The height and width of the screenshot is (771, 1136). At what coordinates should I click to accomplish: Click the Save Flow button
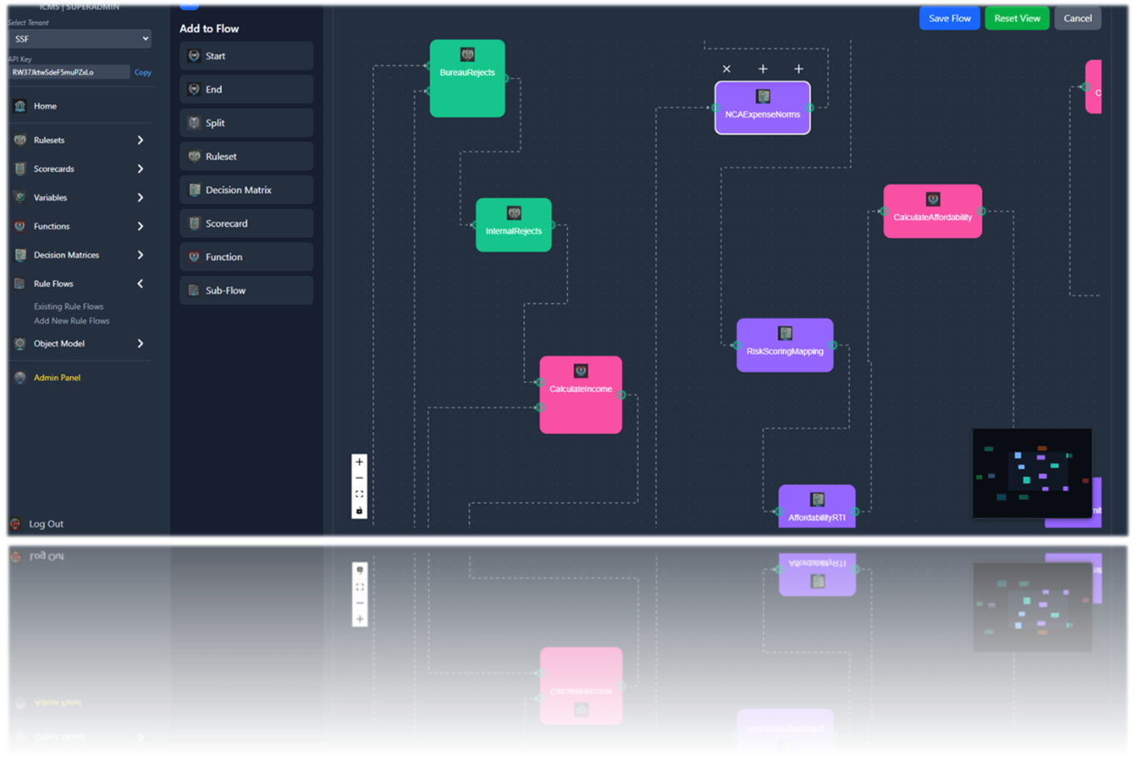(x=949, y=18)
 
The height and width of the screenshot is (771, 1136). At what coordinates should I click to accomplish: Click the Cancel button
(x=1078, y=18)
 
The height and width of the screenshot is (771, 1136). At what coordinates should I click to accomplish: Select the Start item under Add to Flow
(x=246, y=56)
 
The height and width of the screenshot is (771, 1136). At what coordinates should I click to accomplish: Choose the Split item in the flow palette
(x=246, y=123)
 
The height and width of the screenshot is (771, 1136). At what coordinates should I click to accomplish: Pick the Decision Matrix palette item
(x=246, y=190)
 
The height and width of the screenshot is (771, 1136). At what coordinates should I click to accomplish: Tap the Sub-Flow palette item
(x=246, y=290)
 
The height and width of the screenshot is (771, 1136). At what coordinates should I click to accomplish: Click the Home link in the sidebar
(x=45, y=106)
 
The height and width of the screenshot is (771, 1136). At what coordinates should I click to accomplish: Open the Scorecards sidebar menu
(x=54, y=169)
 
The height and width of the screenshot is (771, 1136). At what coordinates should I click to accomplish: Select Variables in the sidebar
(x=50, y=198)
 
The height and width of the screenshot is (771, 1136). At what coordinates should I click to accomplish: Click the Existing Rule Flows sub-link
(x=68, y=307)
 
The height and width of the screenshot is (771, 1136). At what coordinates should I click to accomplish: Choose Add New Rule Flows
(x=72, y=321)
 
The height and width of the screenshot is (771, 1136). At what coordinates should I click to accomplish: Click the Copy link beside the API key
(x=143, y=73)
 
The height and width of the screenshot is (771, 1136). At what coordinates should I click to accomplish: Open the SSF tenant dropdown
(x=79, y=38)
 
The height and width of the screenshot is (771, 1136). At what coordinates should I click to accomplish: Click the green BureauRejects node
(x=467, y=78)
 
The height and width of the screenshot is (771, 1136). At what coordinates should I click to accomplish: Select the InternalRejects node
(x=514, y=225)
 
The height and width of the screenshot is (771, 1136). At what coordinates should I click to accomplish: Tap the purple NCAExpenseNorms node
(x=762, y=108)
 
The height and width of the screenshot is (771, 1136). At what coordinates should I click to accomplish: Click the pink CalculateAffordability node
(x=933, y=212)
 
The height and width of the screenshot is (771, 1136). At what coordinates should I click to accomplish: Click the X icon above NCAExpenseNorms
(x=726, y=69)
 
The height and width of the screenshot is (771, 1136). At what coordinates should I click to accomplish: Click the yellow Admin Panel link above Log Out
(x=57, y=378)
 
